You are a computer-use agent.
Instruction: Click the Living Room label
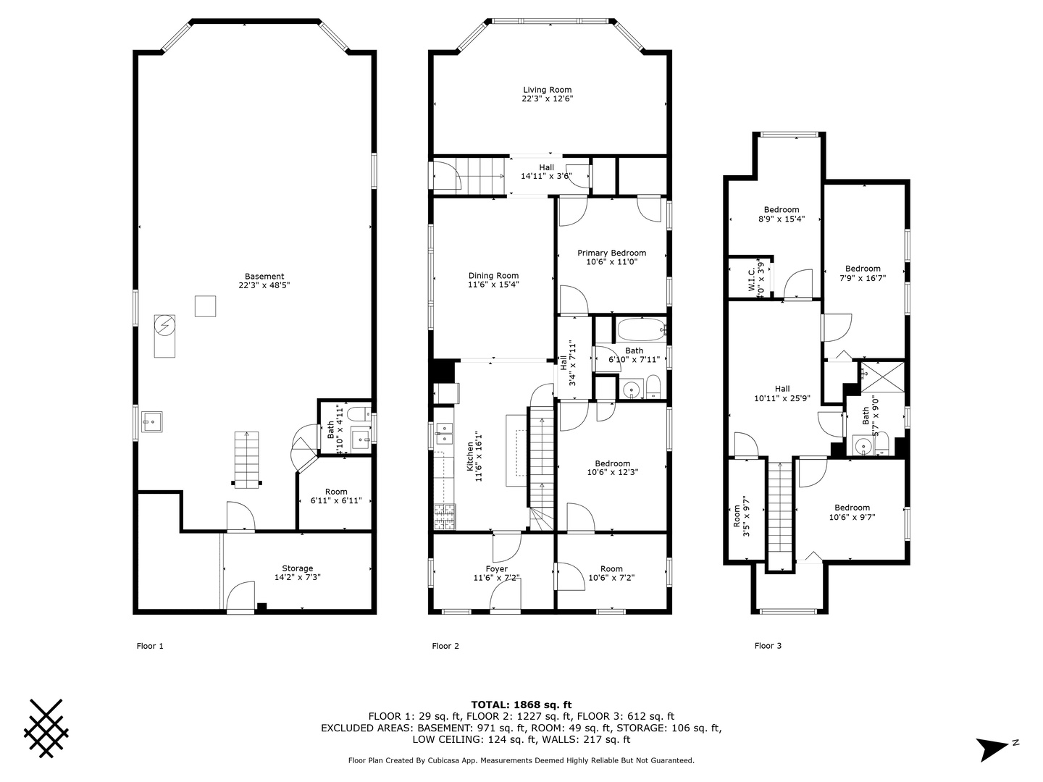tap(548, 94)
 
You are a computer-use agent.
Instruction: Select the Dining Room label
tap(493, 279)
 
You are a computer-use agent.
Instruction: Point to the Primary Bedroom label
tap(611, 258)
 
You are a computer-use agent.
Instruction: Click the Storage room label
tap(297, 573)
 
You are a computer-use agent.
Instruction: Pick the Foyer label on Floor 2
tap(496, 573)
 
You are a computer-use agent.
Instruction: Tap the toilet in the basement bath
tap(358, 414)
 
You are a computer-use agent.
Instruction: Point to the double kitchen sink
tap(443, 434)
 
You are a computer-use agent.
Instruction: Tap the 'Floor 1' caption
tap(150, 646)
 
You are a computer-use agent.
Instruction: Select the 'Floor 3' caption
tap(768, 645)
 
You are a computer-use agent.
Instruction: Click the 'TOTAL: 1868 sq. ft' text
tap(521, 704)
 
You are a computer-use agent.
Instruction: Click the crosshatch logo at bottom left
tap(46, 728)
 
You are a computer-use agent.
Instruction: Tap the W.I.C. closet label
tap(755, 277)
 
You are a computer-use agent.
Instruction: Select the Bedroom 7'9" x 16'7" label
tap(863, 273)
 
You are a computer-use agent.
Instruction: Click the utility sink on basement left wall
tap(151, 420)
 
